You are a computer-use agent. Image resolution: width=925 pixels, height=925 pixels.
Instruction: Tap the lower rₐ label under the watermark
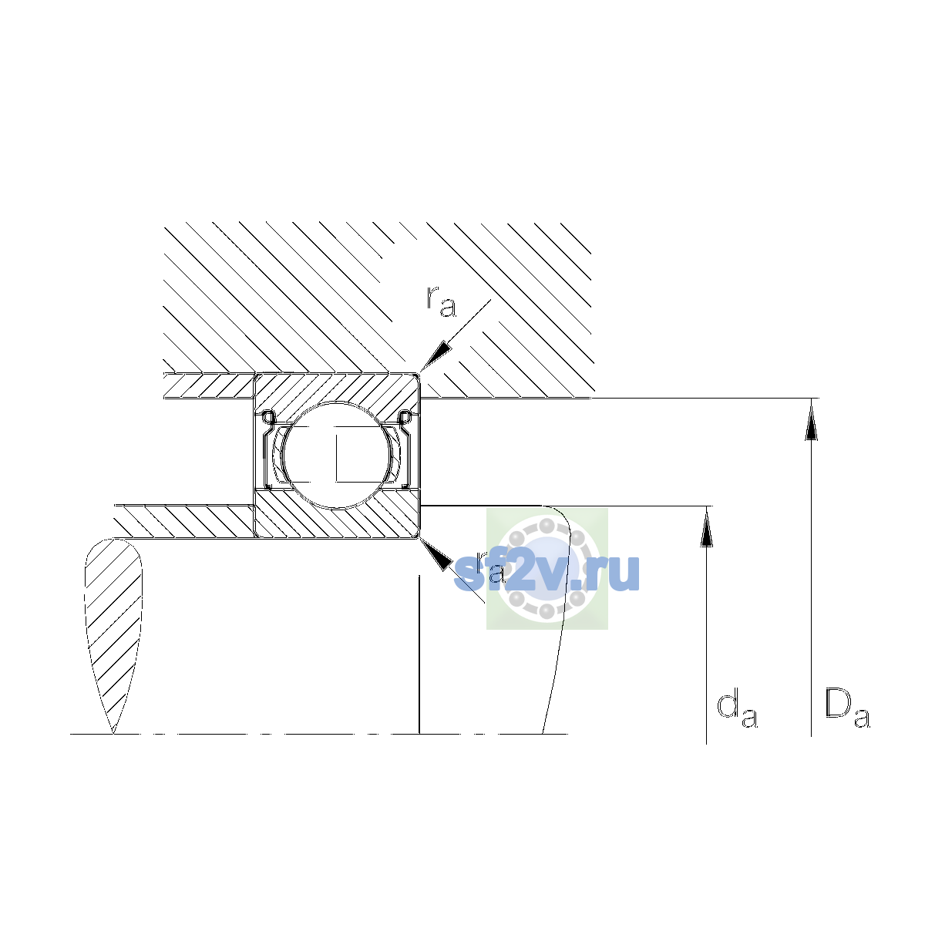point(490,567)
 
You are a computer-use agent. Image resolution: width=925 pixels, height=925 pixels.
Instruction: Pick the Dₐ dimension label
point(847,708)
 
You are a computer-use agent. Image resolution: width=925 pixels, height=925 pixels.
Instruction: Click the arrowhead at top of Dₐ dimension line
point(811,422)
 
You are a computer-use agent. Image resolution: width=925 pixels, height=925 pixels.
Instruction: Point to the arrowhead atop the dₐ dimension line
point(706,529)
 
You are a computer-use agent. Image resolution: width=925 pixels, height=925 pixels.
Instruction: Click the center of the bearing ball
point(337,455)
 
